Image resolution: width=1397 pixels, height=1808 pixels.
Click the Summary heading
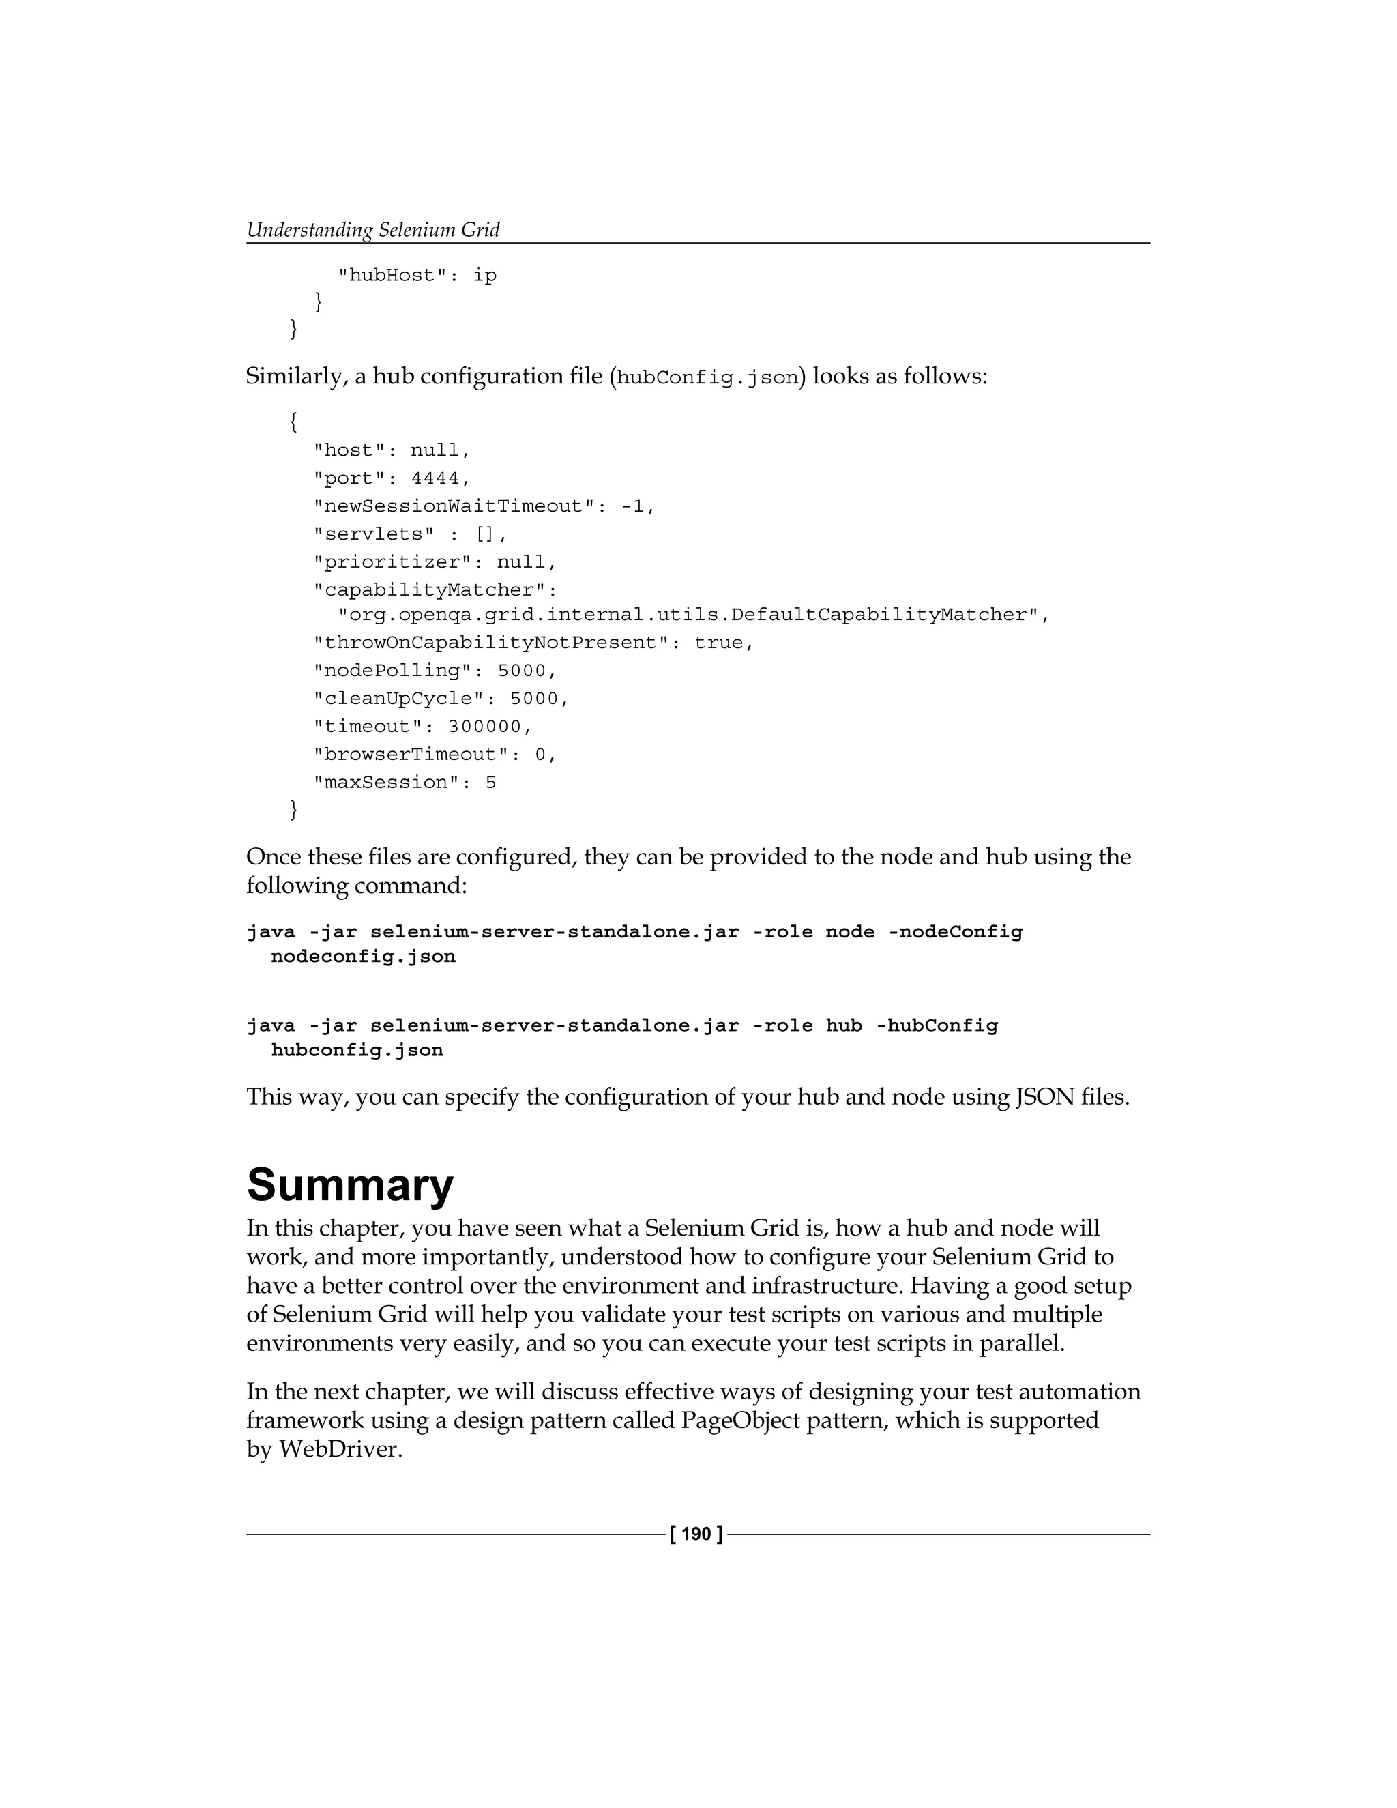[350, 1184]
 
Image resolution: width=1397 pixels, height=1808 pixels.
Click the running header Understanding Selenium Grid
[373, 229]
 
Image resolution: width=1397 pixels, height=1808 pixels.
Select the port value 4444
[435, 478]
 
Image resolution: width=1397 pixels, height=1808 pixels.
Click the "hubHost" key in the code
[392, 276]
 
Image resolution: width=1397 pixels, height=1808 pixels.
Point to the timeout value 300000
[485, 727]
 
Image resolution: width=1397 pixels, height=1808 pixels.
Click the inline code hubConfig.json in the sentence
[707, 379]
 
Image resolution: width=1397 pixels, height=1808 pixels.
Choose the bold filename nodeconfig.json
[364, 957]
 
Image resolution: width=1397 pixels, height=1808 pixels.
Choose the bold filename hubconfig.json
[357, 1051]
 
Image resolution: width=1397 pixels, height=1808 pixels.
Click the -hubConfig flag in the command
[936, 1025]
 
